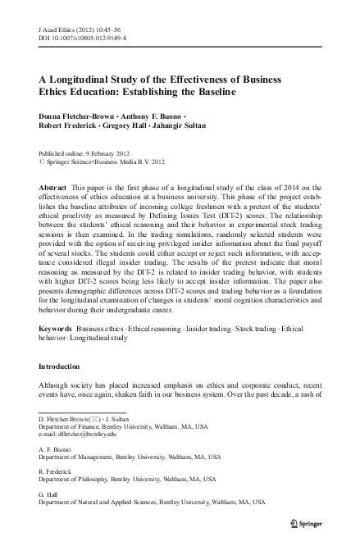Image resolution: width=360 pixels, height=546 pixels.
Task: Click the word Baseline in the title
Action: tap(210, 92)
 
